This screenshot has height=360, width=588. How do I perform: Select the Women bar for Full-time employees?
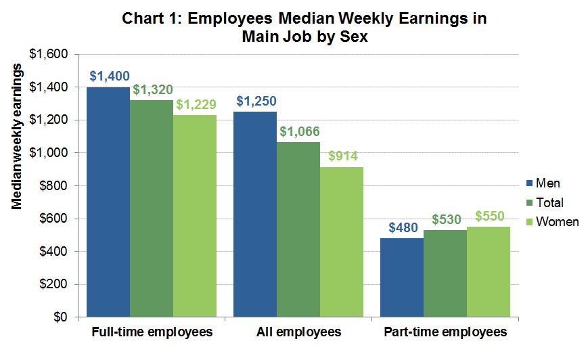[195, 216]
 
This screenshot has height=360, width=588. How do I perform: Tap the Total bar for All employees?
[298, 229]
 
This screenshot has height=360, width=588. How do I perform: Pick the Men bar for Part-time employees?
[402, 277]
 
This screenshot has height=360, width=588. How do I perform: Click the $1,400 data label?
[110, 76]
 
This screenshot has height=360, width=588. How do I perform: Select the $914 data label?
[342, 156]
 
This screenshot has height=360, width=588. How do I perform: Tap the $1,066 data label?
[298, 131]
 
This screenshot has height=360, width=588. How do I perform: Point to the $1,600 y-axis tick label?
[52, 54]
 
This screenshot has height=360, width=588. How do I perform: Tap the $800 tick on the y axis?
[56, 185]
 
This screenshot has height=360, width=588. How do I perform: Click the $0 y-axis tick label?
[62, 317]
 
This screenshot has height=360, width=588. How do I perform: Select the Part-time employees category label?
[444, 332]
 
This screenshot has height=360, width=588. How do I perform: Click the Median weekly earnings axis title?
[18, 139]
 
